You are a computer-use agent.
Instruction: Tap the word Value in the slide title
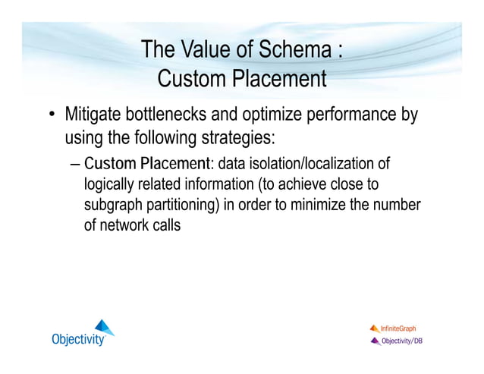click(206, 51)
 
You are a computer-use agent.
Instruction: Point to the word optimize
click(275, 116)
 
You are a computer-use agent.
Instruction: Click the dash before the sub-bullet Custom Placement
click(73, 164)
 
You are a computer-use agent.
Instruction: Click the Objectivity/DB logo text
click(401, 341)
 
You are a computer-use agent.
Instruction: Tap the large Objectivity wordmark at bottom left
click(77, 339)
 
